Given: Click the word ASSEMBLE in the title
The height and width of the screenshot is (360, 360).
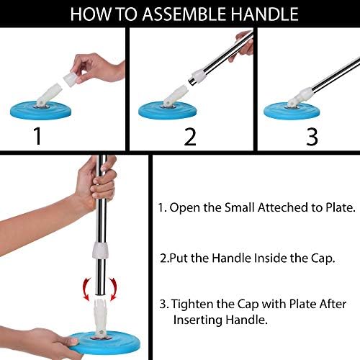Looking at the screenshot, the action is pyautogui.click(x=184, y=14).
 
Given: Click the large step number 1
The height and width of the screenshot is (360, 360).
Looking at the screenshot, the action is pyautogui.click(x=37, y=135).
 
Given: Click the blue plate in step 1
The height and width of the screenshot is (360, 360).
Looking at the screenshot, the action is pyautogui.click(x=41, y=110).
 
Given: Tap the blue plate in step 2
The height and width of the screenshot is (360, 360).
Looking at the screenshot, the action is pyautogui.click(x=168, y=111).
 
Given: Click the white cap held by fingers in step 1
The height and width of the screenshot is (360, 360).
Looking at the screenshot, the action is pyautogui.click(x=71, y=79).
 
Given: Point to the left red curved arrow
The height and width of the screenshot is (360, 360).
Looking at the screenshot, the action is pyautogui.click(x=86, y=289).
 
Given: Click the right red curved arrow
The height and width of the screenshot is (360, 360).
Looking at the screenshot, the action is pyautogui.click(x=113, y=289).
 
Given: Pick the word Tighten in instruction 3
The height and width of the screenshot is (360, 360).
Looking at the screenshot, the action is pyautogui.click(x=192, y=305).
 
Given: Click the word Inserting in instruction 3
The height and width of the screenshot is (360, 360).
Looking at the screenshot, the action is pyautogui.click(x=198, y=320).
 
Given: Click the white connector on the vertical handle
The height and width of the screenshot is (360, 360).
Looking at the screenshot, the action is pyautogui.click(x=101, y=251).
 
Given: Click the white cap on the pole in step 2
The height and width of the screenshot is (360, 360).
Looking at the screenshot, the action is pyautogui.click(x=199, y=76).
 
